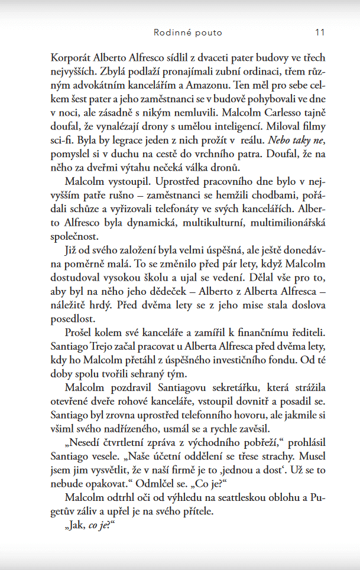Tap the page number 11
pos(320,32)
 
